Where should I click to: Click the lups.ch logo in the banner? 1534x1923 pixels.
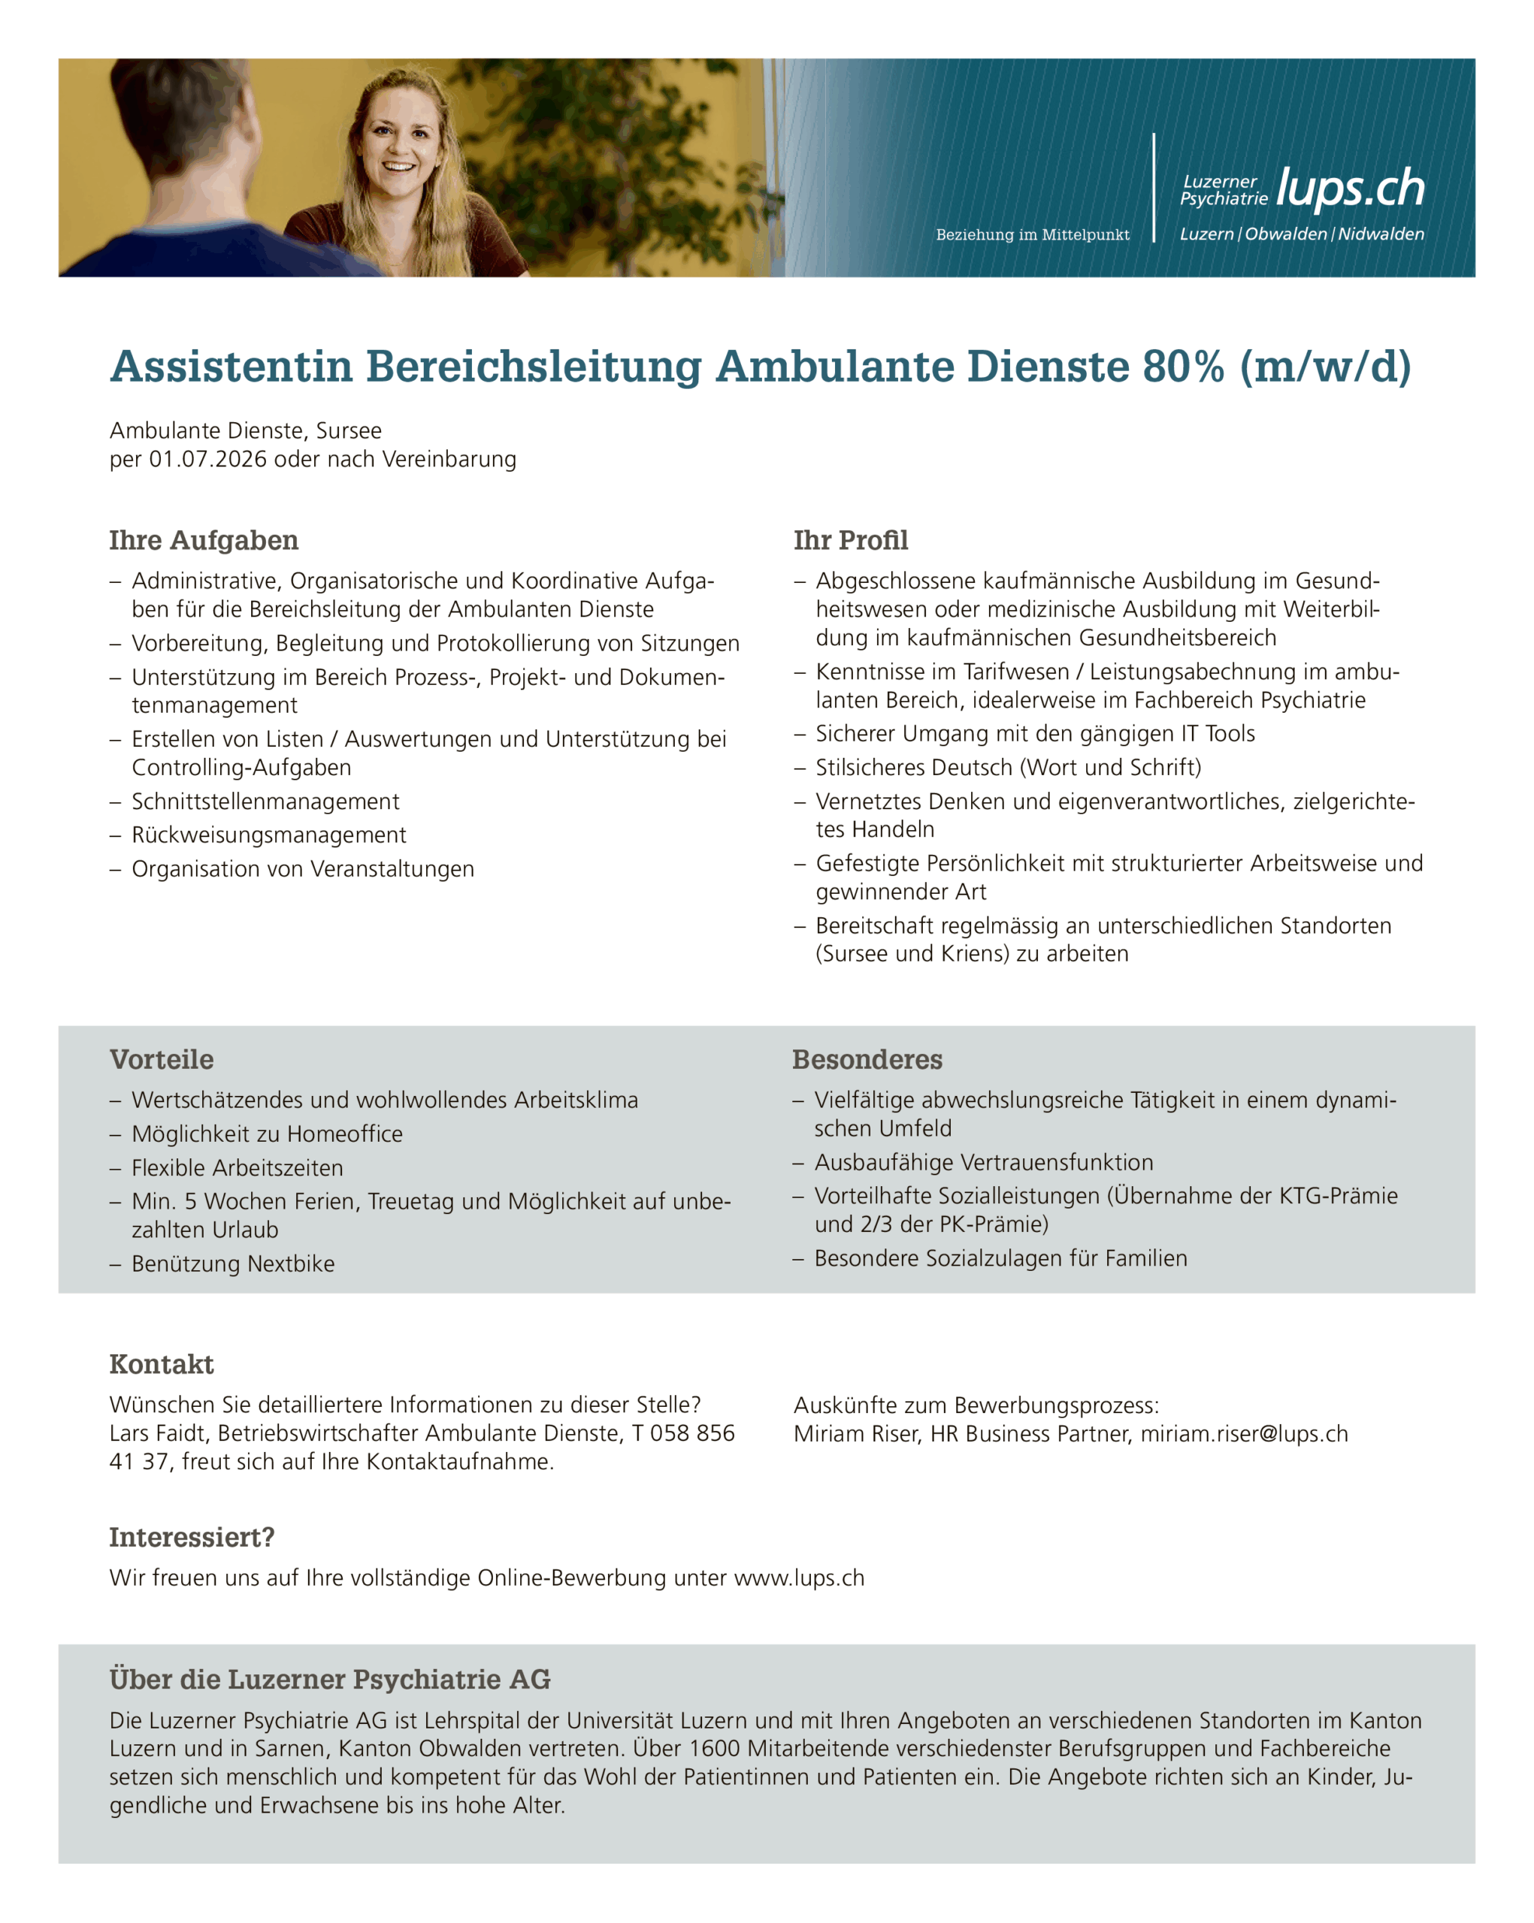coord(1349,189)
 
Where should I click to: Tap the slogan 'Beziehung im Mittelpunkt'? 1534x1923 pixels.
coord(1033,234)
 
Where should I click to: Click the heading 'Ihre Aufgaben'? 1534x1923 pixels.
coord(204,541)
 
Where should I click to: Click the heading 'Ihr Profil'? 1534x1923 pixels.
coord(851,541)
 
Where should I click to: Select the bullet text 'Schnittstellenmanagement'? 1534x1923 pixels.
coord(265,801)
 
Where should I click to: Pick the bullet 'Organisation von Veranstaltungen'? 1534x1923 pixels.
coord(303,869)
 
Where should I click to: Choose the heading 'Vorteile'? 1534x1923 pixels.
coord(162,1060)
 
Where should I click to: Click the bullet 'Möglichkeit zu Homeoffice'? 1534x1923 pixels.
coord(267,1134)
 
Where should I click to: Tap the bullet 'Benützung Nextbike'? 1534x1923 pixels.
coord(233,1264)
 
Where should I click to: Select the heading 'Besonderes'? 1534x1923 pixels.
coord(867,1060)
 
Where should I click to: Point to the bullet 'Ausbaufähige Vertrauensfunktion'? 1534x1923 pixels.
coord(983,1162)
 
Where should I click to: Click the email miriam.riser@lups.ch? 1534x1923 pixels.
coord(1244,1434)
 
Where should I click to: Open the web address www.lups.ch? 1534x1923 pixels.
coord(799,1577)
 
